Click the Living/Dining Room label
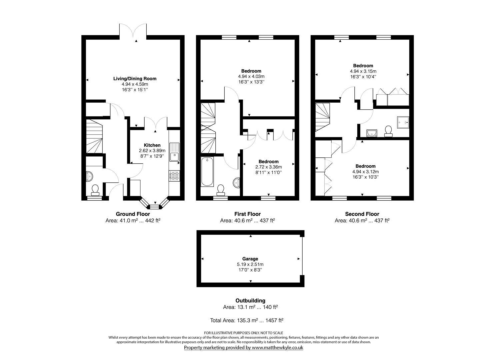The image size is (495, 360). tap(135, 79)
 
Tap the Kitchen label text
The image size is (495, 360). tap(152, 145)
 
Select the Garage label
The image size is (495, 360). tap(250, 259)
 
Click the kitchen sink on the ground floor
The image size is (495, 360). tap(174, 152)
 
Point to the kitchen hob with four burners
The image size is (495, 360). tap(174, 176)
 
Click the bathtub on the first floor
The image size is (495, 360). tap(207, 172)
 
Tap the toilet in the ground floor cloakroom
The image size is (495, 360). tap(95, 190)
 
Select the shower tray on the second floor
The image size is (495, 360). tap(403, 122)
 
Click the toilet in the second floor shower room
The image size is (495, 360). tap(388, 131)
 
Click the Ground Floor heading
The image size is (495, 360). tap(133, 214)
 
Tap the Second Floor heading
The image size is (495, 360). tap(362, 214)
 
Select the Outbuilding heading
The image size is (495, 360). tap(250, 301)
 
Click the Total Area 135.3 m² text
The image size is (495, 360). tap(247, 320)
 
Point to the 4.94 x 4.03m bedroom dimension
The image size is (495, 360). tap(251, 76)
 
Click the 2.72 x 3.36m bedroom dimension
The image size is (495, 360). tap(268, 167)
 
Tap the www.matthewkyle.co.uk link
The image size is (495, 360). tap(277, 347)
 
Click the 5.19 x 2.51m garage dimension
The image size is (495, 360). tap(250, 264)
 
